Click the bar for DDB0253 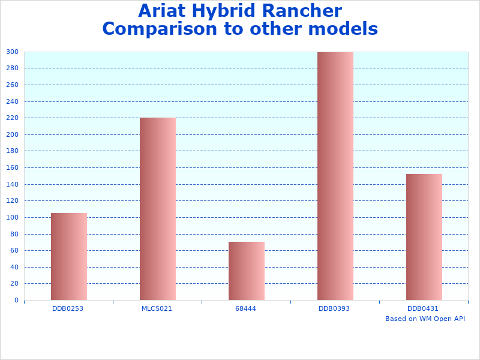coord(68,256)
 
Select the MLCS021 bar coord(157,209)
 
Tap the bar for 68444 coord(246,271)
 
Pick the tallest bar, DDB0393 coord(335,176)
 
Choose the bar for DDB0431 coord(424,237)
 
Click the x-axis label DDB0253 coord(68,308)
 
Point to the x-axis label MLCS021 coord(157,308)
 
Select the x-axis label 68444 coord(245,308)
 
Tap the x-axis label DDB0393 coord(334,308)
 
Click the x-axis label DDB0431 coord(423,308)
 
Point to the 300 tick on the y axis coord(12,52)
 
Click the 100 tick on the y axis coord(12,217)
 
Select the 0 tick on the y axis coord(16,300)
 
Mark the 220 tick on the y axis coord(12,118)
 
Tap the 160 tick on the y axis coord(12,167)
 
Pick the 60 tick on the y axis coord(14,250)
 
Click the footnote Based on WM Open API coord(425,319)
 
